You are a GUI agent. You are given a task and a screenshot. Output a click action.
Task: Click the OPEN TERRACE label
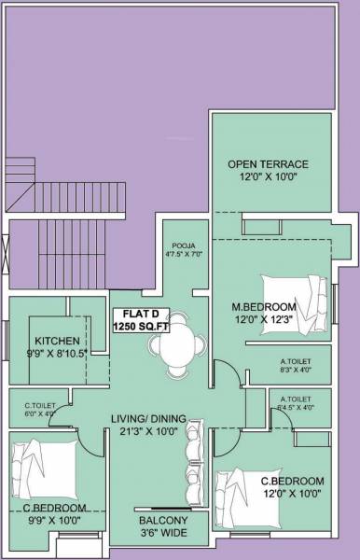268,164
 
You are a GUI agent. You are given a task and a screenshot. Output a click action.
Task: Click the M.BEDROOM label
264,307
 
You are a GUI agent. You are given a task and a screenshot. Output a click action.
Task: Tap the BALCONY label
163,521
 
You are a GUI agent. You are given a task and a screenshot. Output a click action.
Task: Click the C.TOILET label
40,405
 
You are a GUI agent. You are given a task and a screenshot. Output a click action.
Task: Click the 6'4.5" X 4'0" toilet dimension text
294,407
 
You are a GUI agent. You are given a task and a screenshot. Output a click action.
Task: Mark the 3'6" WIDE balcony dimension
163,535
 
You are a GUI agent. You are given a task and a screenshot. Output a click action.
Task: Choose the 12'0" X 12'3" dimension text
264,320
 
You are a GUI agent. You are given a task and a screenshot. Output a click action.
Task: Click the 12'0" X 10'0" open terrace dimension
268,177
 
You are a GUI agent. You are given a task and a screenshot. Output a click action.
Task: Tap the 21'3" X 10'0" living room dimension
149,431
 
